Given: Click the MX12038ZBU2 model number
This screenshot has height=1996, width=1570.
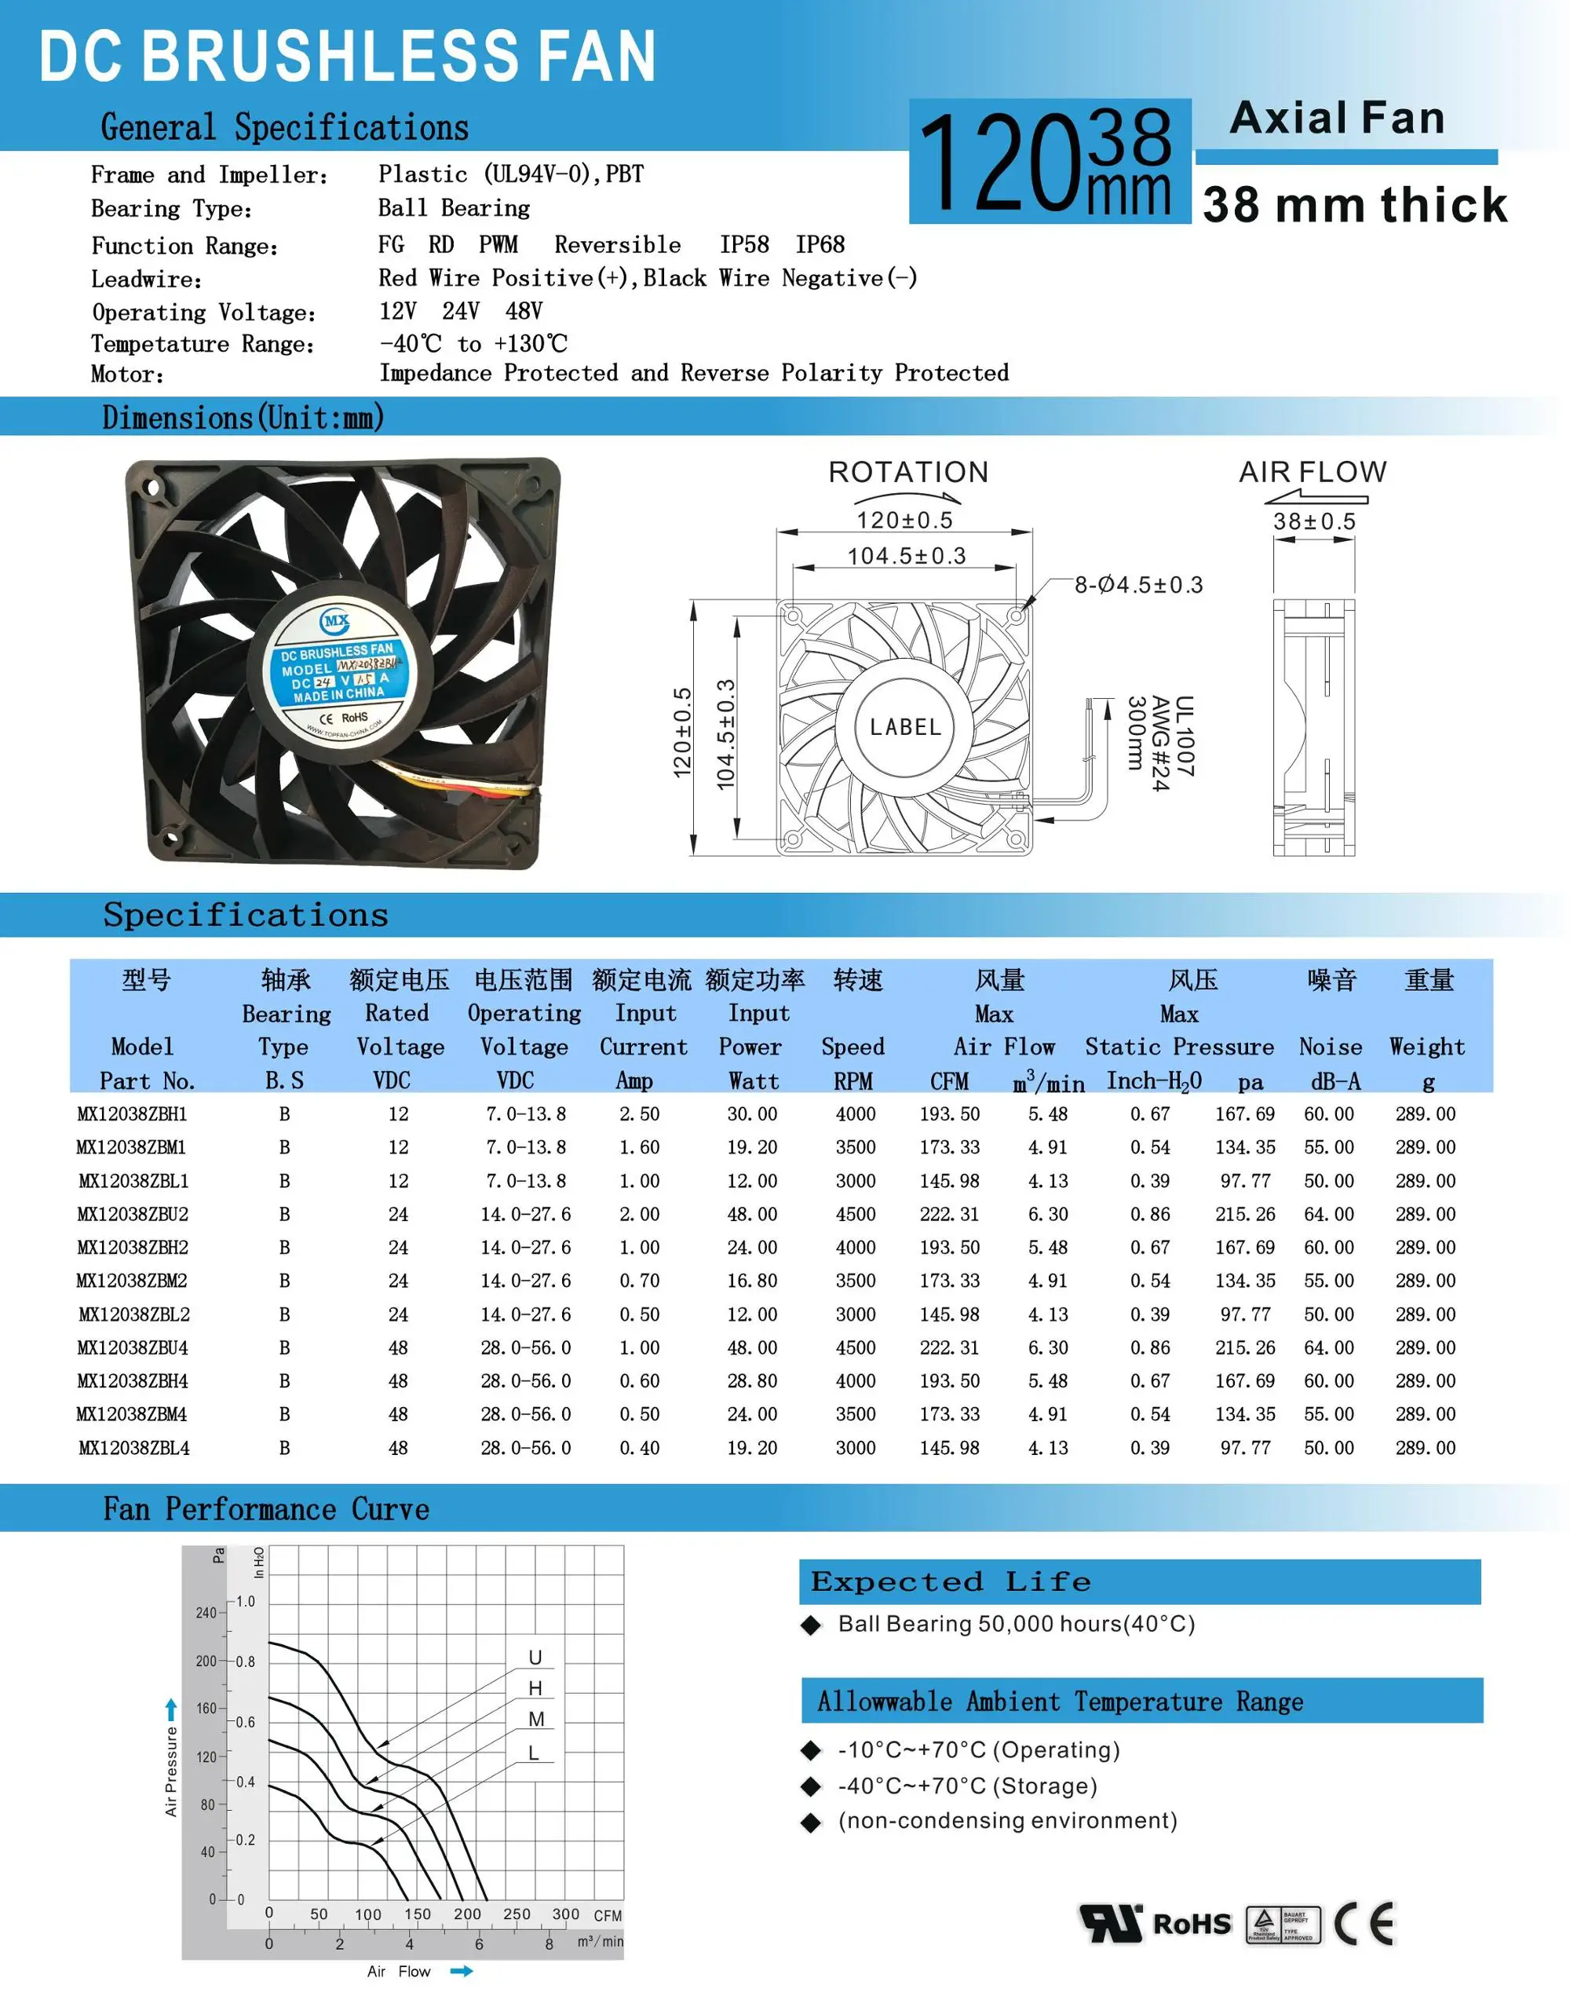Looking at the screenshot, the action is (133, 1214).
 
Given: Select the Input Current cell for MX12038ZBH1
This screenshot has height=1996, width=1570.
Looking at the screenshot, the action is (639, 1113).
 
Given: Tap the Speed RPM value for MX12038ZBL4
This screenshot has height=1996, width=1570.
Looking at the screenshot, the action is (855, 1447).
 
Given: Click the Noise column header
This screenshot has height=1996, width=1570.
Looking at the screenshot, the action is (1330, 1046).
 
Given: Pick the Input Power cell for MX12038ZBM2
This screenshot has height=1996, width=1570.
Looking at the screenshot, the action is (752, 1281).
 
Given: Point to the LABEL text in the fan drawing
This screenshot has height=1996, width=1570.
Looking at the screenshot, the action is (905, 727).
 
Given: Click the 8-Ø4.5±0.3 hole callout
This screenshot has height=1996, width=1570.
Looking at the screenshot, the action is (1138, 585).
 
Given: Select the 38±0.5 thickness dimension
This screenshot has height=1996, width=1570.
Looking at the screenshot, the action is (1313, 521).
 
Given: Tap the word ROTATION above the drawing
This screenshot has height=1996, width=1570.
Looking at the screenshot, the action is (908, 472).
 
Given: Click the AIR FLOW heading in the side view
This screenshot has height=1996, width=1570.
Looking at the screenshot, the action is (1313, 472).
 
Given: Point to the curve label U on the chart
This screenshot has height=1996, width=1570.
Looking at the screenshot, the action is (535, 1657).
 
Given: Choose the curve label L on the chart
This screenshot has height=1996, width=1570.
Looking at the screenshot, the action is (534, 1753).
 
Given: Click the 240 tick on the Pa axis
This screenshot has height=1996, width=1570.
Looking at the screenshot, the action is (206, 1613).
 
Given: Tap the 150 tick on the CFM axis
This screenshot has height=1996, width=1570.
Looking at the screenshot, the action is (418, 1914).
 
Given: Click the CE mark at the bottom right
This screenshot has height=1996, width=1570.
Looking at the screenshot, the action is (1364, 1922).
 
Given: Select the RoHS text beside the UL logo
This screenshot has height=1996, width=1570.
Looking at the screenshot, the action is (1192, 1923).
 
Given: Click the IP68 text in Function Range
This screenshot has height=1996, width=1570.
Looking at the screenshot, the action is (819, 244).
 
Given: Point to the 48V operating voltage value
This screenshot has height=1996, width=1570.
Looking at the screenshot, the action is (524, 311).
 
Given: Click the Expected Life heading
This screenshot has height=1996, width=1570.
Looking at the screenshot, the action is (951, 1581).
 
